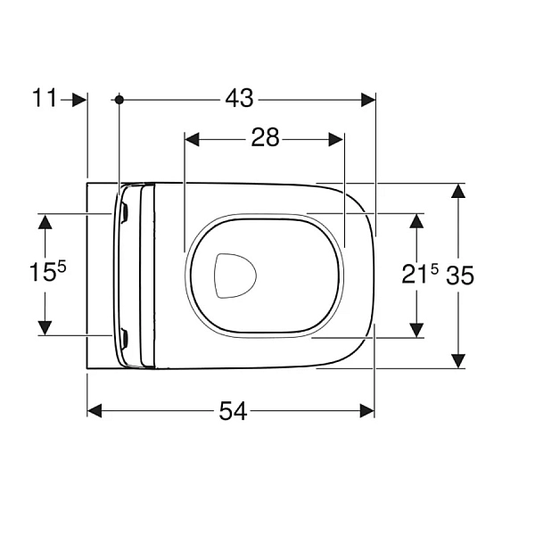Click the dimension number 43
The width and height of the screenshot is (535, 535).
pyautogui.click(x=239, y=98)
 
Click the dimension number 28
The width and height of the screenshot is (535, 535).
pyautogui.click(x=265, y=137)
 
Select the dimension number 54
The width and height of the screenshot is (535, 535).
pyautogui.click(x=233, y=411)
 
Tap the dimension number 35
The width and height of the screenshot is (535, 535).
pyautogui.click(x=460, y=276)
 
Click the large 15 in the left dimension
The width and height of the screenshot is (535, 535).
pyautogui.click(x=42, y=272)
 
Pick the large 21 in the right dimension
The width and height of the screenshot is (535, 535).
pyautogui.click(x=415, y=275)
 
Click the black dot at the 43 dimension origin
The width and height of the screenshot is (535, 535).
pyautogui.click(x=119, y=100)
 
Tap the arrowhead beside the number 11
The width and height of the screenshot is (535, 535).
pyautogui.click(x=79, y=100)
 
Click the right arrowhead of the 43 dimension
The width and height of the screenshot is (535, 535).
pyautogui.click(x=368, y=100)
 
